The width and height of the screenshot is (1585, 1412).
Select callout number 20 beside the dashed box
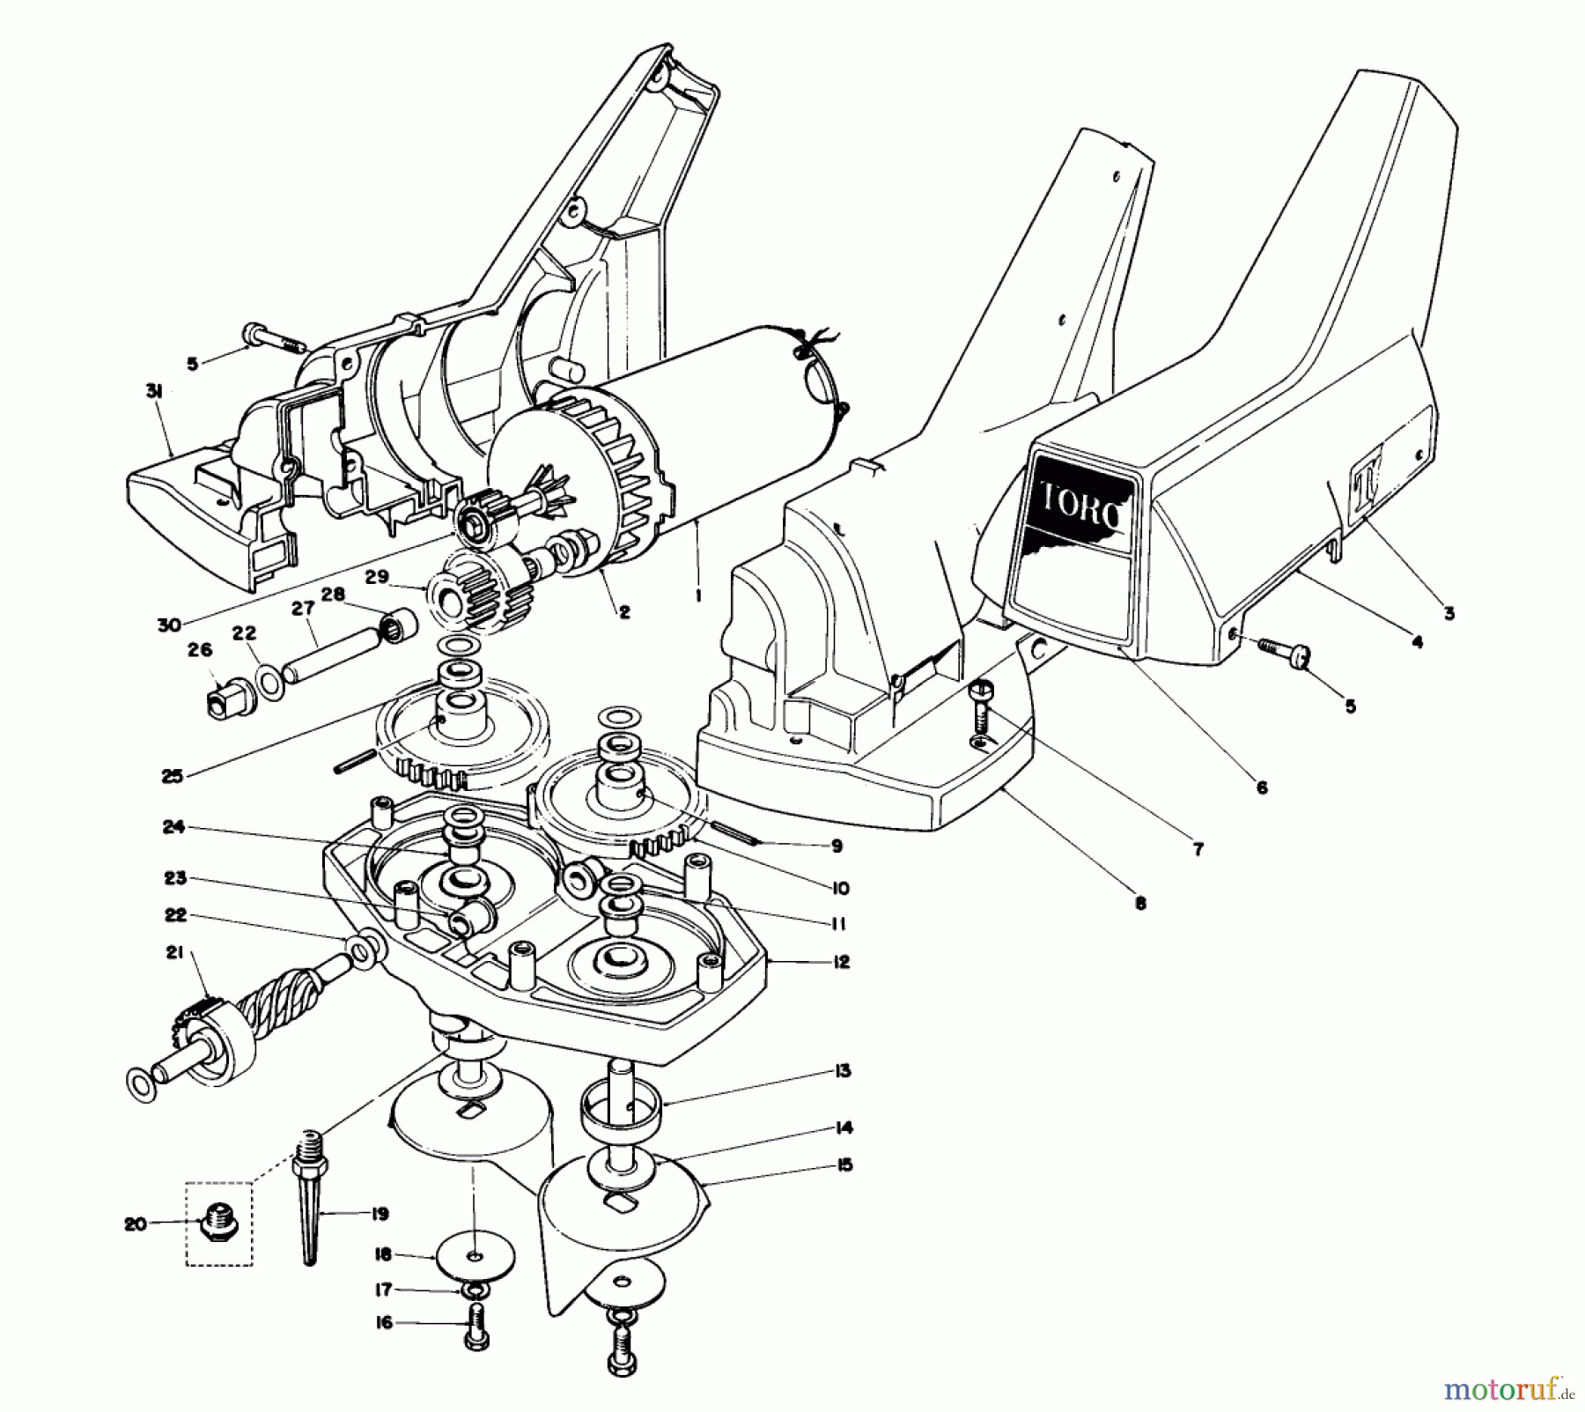[136, 1224]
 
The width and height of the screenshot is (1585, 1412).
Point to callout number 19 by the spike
[380, 1215]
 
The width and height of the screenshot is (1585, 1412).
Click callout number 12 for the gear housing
[841, 962]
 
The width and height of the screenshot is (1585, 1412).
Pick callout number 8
[1140, 903]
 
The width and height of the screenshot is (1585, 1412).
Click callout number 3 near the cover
[1449, 613]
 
